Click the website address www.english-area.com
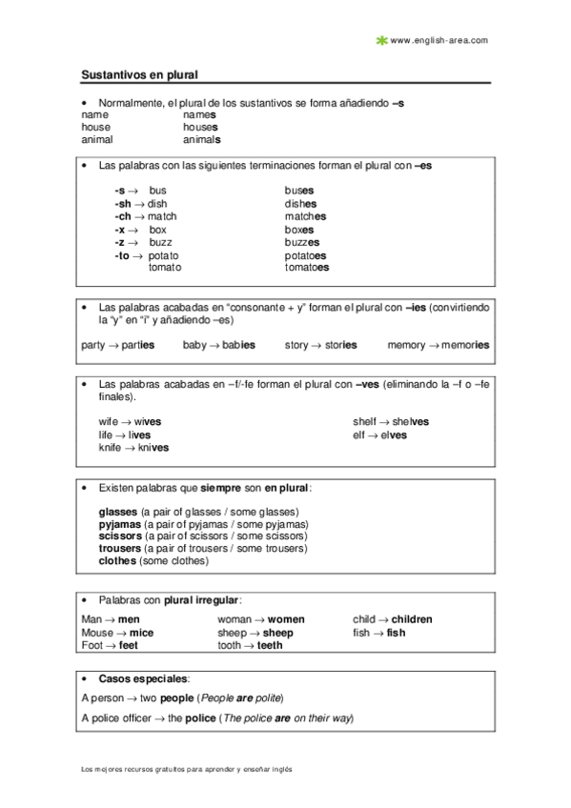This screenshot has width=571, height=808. [439, 40]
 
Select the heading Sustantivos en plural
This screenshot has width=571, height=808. [139, 73]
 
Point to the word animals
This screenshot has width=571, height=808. [201, 138]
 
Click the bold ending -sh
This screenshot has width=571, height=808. [122, 203]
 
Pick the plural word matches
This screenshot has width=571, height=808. [305, 216]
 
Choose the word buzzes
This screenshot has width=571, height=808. [304, 242]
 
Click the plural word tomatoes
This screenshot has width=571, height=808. [306, 268]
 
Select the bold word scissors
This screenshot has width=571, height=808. [119, 536]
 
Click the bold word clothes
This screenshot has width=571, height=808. [117, 561]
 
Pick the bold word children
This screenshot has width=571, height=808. [411, 619]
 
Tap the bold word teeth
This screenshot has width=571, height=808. [270, 645]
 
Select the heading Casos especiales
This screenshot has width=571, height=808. [143, 679]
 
